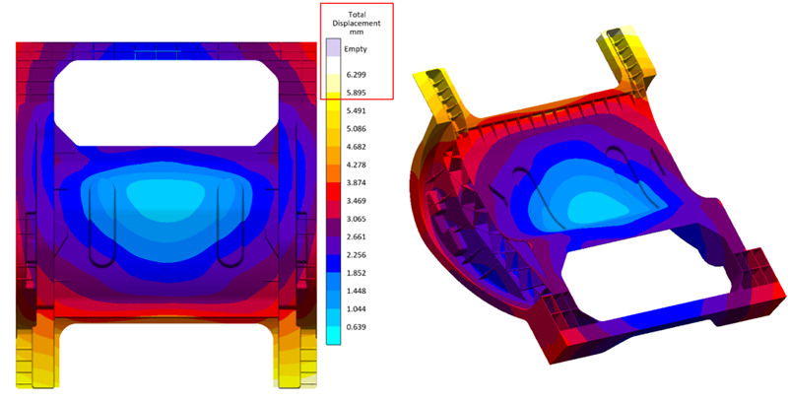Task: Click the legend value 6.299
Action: coord(356,75)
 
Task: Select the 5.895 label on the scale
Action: coord(356,93)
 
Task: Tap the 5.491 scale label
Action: coord(356,111)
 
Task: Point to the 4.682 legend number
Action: coord(356,147)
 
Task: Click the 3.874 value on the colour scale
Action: coord(356,183)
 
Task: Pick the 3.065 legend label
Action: coord(356,219)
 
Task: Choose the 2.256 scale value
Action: coord(356,255)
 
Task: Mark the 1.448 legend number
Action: coord(356,291)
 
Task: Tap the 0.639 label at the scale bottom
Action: coord(356,327)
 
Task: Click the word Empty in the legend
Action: coord(356,49)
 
